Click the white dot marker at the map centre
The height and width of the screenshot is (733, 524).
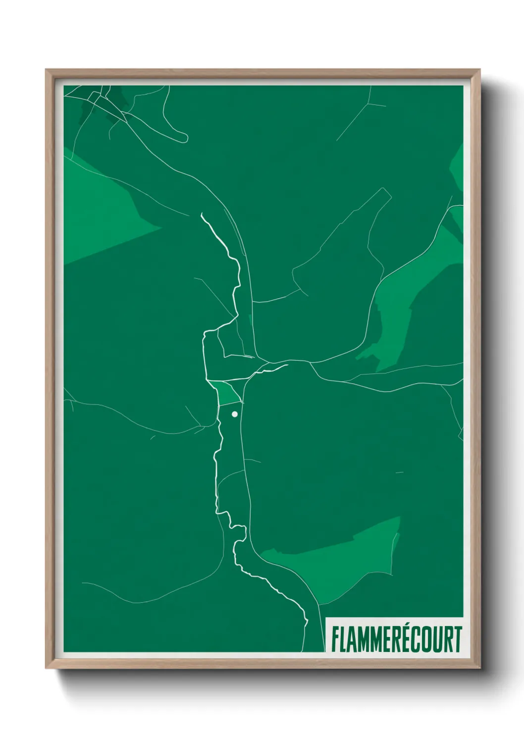pyautogui.click(x=235, y=414)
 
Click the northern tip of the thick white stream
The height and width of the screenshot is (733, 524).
pyautogui.click(x=202, y=214)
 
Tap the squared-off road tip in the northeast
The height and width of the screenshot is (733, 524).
pyautogui.click(x=387, y=193)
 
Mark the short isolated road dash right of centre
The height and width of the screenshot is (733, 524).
pyautogui.click(x=399, y=472)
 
